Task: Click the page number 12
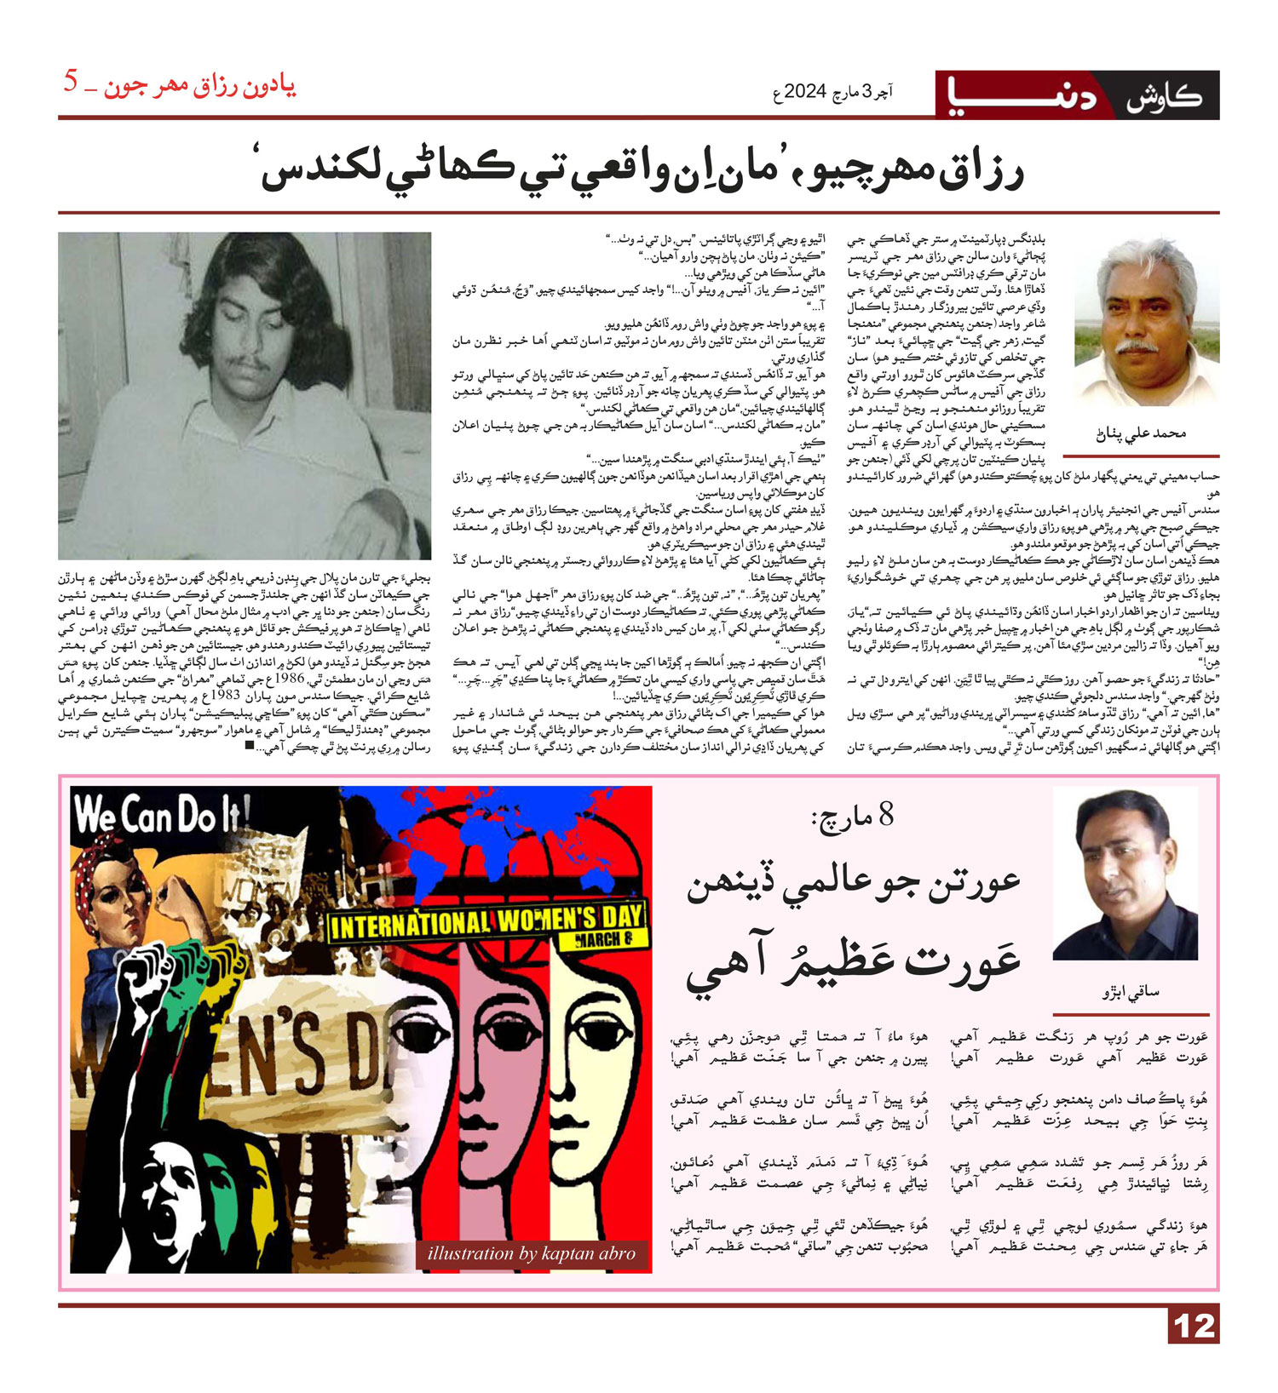coord(1194,1327)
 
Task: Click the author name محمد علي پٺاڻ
coord(1140,434)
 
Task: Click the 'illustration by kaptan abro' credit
coord(531,1253)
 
